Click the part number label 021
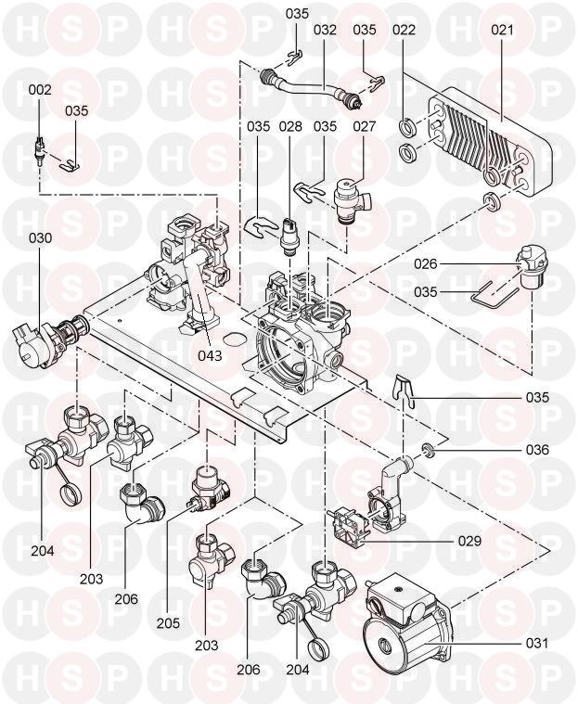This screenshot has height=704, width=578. pos(501,29)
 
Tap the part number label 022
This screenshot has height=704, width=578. pos(403,29)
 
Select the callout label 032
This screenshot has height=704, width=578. pos(324,29)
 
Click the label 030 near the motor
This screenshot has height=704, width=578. pos(40,238)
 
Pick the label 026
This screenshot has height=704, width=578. pos(426,263)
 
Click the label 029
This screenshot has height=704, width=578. pos(469,539)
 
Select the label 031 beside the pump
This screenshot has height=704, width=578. pos(537,642)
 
